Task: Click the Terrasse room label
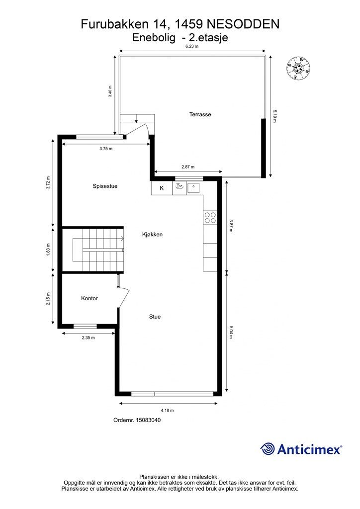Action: pos(200,114)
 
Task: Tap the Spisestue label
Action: pos(105,186)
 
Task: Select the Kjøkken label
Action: pos(152,235)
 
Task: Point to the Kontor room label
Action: pos(90,298)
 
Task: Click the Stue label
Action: pos(155,317)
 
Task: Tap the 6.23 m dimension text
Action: pos(192,46)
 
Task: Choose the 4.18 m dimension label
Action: pos(167,410)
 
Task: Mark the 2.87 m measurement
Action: pos(188,167)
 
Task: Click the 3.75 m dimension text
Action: pos(106,149)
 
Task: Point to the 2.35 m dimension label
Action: pos(89,338)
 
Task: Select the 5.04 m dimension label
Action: pos(231,332)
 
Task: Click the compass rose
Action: pos(298,68)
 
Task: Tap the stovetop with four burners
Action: pos(210,218)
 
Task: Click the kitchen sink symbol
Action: pos(193,187)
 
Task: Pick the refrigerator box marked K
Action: pos(162,188)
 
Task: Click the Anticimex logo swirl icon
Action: pos(267,449)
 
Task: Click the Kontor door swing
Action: pos(123,297)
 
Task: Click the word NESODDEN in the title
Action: pos(243,24)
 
